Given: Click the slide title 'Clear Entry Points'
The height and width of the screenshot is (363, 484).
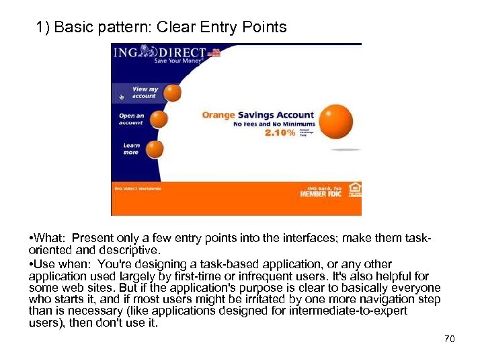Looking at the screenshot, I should pyautogui.click(x=161, y=27).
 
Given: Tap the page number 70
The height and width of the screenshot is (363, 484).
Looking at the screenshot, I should pyautogui.click(x=450, y=339).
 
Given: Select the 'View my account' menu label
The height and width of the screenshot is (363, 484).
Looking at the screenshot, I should pyautogui.click(x=144, y=92).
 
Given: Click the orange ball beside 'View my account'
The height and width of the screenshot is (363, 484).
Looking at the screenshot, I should pyautogui.click(x=173, y=93).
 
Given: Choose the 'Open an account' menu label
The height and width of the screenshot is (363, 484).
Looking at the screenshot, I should pyautogui.click(x=131, y=119).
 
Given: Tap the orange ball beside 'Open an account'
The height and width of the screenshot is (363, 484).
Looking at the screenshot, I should pyautogui.click(x=159, y=120).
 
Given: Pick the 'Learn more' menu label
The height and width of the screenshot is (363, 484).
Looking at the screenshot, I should pyautogui.click(x=131, y=149).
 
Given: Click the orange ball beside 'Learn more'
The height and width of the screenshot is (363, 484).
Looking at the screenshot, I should pyautogui.click(x=155, y=149).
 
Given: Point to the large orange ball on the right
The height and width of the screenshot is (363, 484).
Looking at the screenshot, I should pyautogui.click(x=335, y=122).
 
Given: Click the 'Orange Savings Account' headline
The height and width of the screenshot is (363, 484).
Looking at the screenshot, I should pyautogui.click(x=258, y=115).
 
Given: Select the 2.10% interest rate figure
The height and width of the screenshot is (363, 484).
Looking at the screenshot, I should pyautogui.click(x=279, y=133).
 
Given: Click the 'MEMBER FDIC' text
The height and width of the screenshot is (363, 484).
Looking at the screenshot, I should pyautogui.click(x=321, y=194).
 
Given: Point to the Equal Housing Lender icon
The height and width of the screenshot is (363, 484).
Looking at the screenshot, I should pyautogui.click(x=354, y=190).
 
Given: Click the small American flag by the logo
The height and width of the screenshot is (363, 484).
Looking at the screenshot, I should pyautogui.click(x=214, y=52).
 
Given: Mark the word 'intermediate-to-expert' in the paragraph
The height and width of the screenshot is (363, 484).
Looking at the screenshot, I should pyautogui.click(x=350, y=311).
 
